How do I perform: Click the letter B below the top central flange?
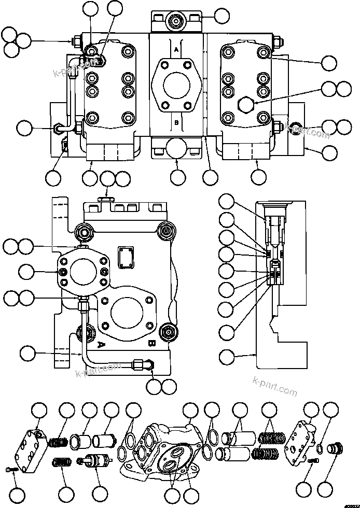(176, 123)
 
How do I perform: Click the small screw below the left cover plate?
(13, 469)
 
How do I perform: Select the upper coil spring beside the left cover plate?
(58, 442)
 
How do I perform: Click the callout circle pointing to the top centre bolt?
(221, 16)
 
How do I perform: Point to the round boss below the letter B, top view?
(176, 148)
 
